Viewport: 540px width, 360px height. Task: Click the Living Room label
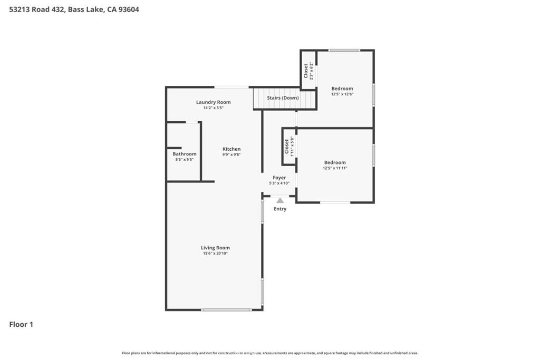(215, 248)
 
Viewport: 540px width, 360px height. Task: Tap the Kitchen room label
(232, 149)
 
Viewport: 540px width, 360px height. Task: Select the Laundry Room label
(214, 102)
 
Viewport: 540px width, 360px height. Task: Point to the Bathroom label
(185, 154)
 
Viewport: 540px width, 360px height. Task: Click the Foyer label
(279, 178)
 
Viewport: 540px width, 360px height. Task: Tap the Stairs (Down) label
(283, 98)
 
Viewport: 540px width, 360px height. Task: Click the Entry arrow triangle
(280, 200)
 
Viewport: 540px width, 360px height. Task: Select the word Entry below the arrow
(280, 209)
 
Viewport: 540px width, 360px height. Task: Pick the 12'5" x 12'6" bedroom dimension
(342, 94)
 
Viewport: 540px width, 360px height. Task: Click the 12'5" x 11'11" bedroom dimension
(335, 168)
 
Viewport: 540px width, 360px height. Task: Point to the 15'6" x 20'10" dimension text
(215, 254)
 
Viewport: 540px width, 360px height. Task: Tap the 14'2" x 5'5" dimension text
(214, 108)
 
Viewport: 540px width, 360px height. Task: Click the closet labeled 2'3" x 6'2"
(308, 71)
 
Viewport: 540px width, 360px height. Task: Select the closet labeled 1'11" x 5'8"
(289, 146)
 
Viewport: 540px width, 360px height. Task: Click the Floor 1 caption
(21, 325)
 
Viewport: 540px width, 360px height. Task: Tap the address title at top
(74, 9)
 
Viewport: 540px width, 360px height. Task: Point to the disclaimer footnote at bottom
(270, 353)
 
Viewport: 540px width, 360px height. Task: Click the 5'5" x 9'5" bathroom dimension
(185, 160)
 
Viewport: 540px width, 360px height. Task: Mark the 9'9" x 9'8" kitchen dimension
(232, 155)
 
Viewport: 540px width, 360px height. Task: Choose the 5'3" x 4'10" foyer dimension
(279, 183)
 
